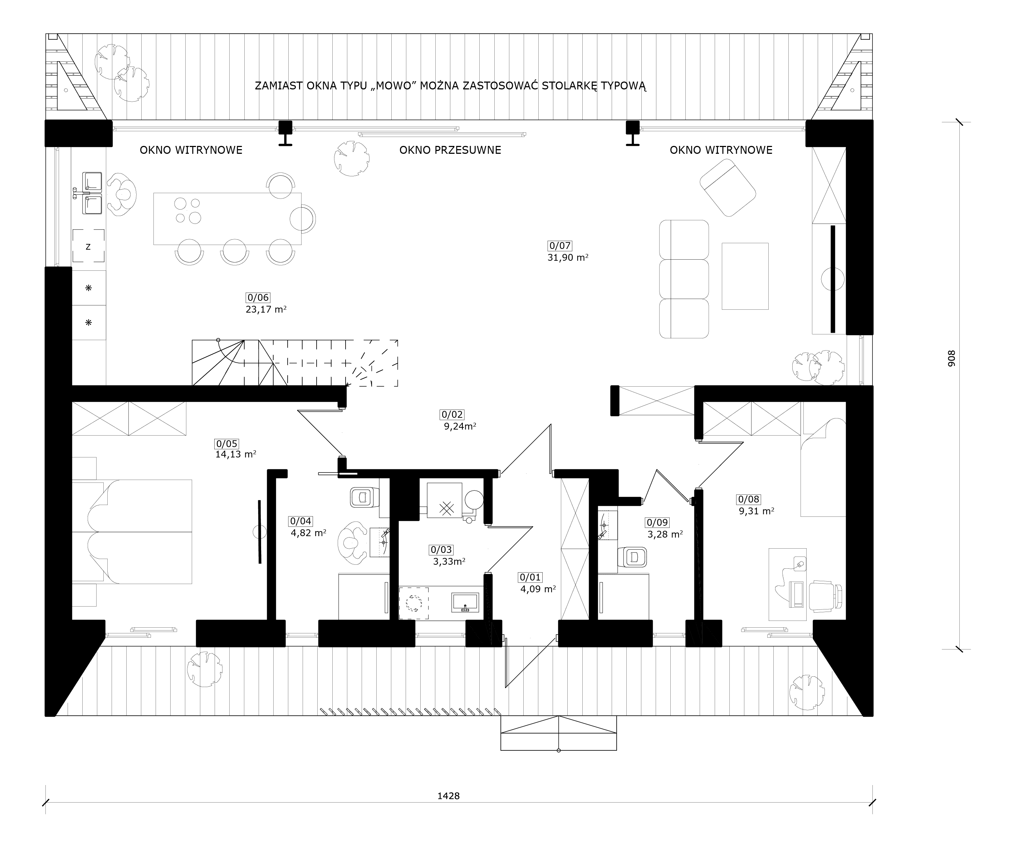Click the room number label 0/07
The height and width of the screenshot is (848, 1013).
pos(559,245)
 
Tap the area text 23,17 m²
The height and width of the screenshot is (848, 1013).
pos(266,310)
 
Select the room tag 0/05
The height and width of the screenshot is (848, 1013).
pos(227,444)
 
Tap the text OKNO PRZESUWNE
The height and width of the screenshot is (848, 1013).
pos(450,150)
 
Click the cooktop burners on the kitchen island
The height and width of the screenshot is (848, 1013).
pos(188,211)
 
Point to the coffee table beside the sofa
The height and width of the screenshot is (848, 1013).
pos(745,276)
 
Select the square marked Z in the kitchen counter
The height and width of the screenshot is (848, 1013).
pos(88,246)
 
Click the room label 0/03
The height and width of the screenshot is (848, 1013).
pos(441,549)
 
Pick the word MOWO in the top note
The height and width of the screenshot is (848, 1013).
pos(394,86)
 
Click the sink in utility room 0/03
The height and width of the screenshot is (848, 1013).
pos(465,603)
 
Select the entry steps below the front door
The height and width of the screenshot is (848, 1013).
pos(559,733)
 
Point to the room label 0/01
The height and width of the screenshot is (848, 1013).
pos(530,577)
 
